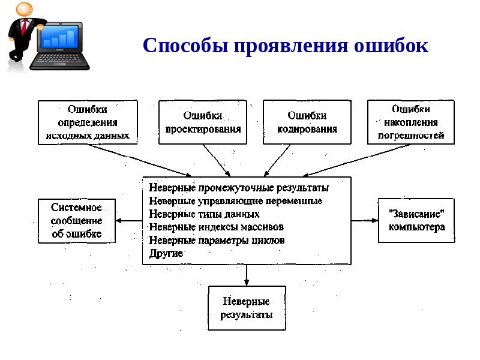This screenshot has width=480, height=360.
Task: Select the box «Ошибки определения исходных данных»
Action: pos(88,122)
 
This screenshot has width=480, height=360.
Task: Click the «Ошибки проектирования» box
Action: pos(203,122)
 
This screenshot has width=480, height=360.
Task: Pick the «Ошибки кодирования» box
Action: pos(307,122)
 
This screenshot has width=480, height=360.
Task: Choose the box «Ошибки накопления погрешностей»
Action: pos(411,122)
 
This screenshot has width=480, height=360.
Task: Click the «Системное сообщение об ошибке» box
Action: pos(76,221)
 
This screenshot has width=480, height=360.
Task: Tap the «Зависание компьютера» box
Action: pos(416,221)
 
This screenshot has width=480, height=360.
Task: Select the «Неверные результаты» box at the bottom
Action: pos(247,308)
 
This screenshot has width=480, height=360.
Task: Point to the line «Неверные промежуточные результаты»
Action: pos(239,188)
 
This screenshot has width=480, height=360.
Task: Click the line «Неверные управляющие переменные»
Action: pos(235,201)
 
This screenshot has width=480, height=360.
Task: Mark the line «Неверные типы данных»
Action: pos(204,214)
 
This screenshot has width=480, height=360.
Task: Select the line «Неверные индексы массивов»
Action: pos(216,227)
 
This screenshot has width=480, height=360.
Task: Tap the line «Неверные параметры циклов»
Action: pos(217,241)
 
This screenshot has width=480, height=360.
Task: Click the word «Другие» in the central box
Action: pos(166,254)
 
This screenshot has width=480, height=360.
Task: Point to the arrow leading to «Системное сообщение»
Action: pos(128,221)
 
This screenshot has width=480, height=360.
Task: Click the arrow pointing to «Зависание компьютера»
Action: pos(364,221)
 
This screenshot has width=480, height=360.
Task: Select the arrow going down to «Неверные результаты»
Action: pos(247,275)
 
